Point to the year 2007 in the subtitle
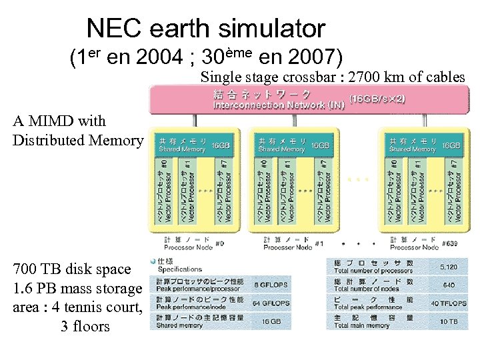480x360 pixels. [x=309, y=58]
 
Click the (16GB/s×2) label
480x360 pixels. [x=377, y=98]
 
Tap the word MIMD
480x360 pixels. [x=49, y=121]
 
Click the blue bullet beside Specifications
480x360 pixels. [x=153, y=261]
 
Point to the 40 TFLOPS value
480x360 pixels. [x=444, y=303]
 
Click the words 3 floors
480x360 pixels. [x=85, y=327]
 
